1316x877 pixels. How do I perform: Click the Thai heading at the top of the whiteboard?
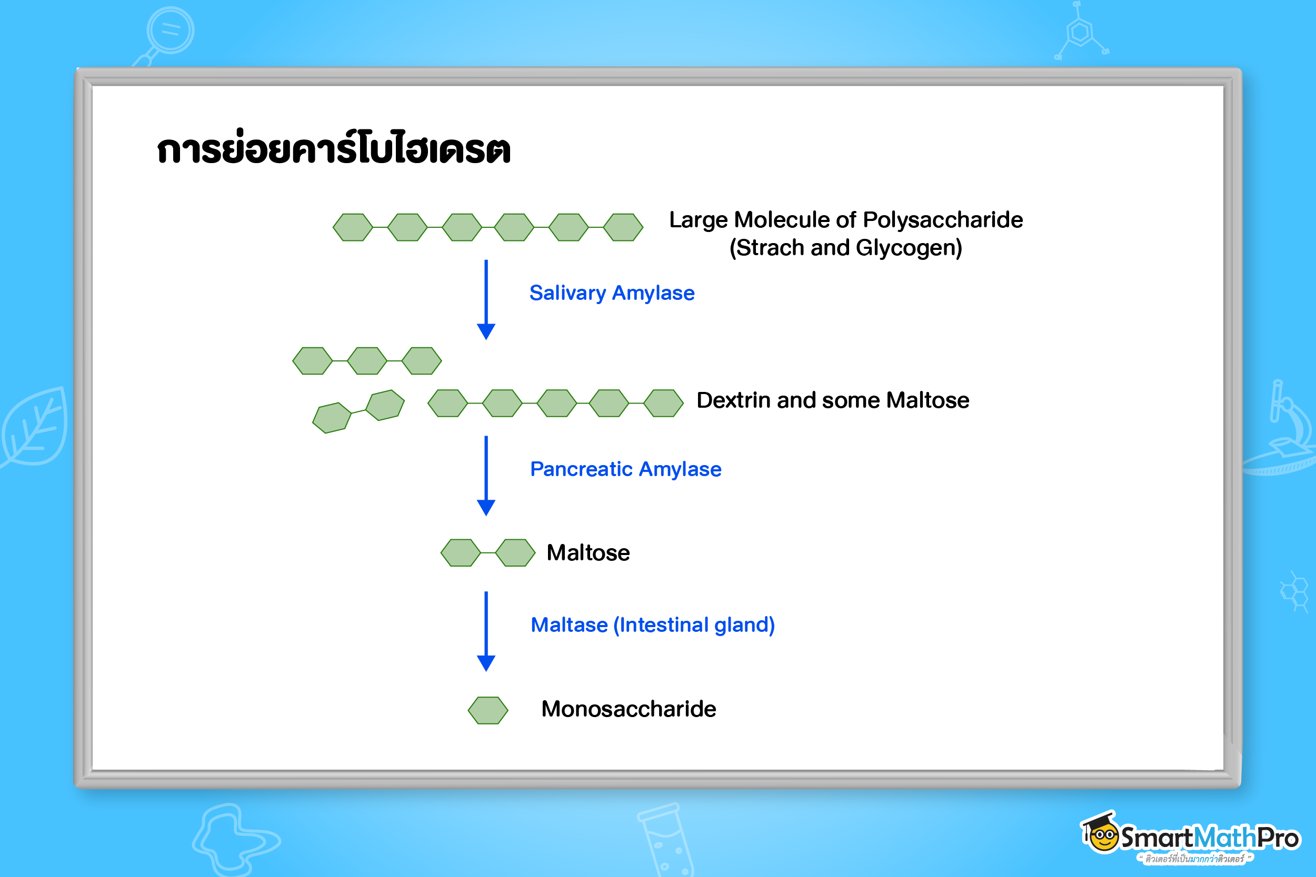[334, 148]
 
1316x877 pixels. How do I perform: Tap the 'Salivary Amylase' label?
[612, 293]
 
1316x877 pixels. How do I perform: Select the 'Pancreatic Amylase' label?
[625, 469]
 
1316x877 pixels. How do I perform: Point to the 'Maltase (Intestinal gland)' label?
[652, 625]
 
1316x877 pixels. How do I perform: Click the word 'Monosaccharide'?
[629, 709]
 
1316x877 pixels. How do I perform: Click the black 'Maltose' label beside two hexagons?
[588, 552]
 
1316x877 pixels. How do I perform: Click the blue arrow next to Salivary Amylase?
[486, 300]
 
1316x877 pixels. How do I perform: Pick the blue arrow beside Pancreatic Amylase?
[486, 476]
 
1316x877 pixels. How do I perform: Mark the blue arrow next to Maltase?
[486, 631]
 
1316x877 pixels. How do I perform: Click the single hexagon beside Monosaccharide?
[488, 710]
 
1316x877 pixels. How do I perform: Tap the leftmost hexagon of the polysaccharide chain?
[353, 227]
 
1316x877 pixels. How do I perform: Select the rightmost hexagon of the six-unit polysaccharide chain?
[623, 227]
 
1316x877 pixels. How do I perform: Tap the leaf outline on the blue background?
[34, 428]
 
